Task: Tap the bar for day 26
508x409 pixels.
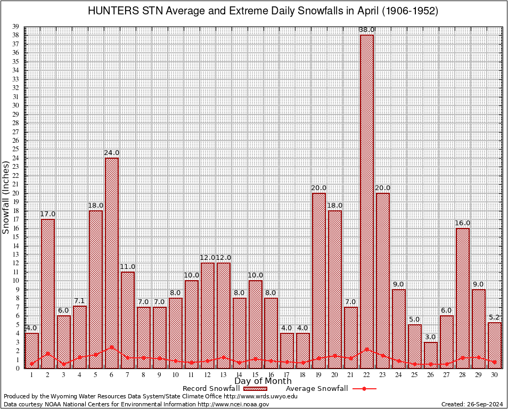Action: [x=431, y=355]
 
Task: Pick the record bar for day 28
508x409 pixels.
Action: [x=463, y=298]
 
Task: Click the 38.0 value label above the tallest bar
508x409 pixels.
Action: [x=367, y=30]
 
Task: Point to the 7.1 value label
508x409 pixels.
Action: [x=80, y=301]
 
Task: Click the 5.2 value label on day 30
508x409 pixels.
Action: [x=495, y=318]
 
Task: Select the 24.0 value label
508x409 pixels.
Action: [x=112, y=153]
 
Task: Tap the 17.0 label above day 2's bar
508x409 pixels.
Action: [x=48, y=214]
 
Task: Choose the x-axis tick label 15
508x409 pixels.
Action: [x=255, y=375]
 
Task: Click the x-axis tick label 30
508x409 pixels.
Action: [x=495, y=375]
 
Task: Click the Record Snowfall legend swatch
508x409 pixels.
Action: [x=251, y=389]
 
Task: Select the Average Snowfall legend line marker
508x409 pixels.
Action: [x=364, y=389]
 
